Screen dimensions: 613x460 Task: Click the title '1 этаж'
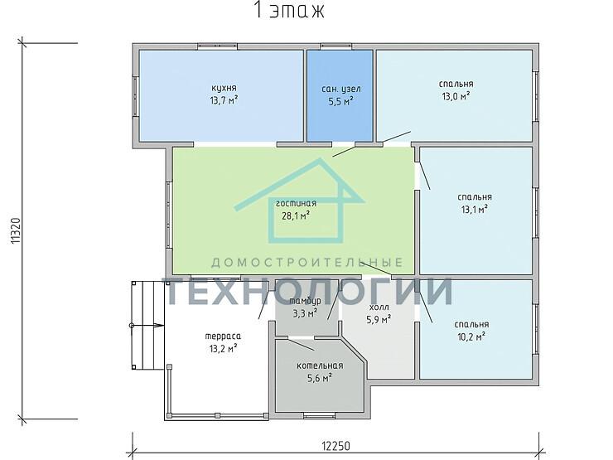point(289,10)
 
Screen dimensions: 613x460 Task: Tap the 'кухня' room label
point(224,89)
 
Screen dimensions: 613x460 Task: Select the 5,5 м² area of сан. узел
point(340,101)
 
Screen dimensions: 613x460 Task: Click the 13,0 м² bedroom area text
point(456,96)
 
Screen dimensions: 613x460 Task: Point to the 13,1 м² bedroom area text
point(474,210)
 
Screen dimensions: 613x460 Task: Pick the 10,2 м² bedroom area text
point(471,337)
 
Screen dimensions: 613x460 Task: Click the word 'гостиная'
point(296,203)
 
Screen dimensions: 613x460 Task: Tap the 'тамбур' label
point(306,301)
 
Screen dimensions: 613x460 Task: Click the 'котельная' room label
point(320,366)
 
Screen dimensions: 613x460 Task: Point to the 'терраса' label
point(223,336)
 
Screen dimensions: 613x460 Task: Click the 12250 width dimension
point(335,446)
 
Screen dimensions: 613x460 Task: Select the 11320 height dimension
point(16,230)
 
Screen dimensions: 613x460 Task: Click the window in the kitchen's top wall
point(217,46)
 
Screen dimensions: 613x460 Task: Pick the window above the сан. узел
point(336,46)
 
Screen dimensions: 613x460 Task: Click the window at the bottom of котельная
point(320,415)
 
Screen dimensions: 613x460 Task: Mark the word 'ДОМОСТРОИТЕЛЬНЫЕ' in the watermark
point(306,262)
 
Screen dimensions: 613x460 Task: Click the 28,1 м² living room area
point(296,215)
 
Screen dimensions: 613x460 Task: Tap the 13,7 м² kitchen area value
point(224,100)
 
